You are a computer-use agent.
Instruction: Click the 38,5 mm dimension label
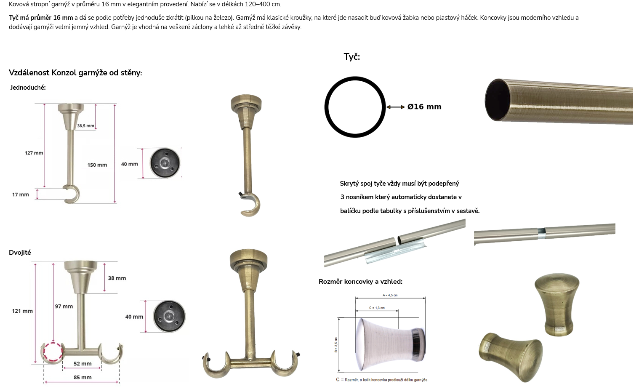[85, 125]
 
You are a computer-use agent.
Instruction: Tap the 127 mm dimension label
[34, 153]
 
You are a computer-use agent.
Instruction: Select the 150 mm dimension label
[97, 165]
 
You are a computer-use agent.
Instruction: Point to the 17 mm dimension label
[21, 194]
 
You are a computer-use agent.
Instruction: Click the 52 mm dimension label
[83, 364]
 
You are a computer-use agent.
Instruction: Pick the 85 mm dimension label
[83, 377]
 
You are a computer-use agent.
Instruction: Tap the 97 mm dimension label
[64, 306]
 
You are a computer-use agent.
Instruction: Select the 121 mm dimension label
[22, 311]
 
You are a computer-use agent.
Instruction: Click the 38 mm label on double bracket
[117, 278]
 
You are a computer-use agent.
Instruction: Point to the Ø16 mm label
[424, 107]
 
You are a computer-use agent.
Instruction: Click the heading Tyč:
[352, 57]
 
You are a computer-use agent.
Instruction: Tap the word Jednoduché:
[28, 88]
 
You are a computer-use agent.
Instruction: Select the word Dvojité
[20, 253]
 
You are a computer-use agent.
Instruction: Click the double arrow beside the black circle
[395, 107]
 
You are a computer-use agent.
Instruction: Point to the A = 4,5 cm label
[390, 296]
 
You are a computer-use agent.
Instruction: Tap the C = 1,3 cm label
[377, 308]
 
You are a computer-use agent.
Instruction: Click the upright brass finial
[557, 305]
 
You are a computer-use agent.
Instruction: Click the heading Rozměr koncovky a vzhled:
[360, 282]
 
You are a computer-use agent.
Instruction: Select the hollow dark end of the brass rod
[498, 100]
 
